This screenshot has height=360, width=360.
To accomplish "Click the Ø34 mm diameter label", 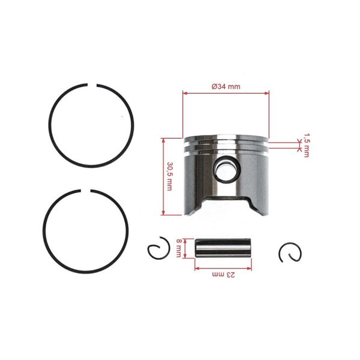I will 226,86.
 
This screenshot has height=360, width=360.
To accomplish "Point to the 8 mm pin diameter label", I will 179,248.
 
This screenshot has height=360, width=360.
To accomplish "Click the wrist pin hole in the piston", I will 224,172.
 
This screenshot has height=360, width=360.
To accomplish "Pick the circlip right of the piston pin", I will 289,253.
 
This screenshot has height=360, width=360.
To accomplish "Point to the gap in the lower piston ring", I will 86,193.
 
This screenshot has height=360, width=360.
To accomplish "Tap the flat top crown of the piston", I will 226,136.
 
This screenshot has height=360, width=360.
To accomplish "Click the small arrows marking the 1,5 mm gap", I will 299,143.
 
